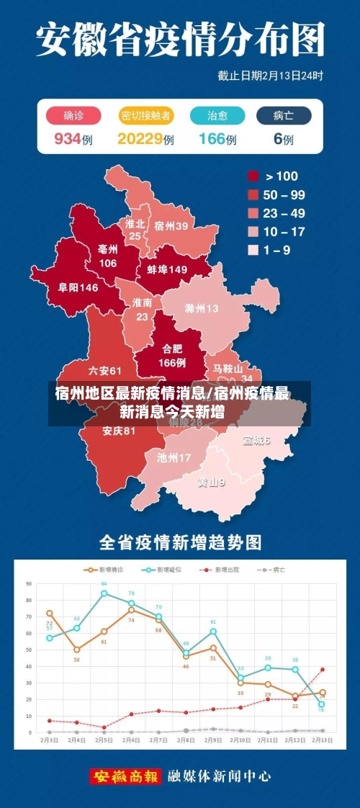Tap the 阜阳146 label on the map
pyautogui.click(x=78, y=287)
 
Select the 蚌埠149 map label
pyautogui.click(x=167, y=269)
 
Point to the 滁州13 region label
pyautogui.click(x=202, y=309)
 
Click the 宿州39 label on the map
pyautogui.click(x=171, y=225)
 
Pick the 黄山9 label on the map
pyautogui.click(x=212, y=482)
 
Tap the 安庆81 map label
pyautogui.click(x=119, y=431)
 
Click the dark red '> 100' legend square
pyautogui.click(x=253, y=176)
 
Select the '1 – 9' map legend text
pyautogui.click(x=278, y=251)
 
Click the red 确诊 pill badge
pyautogui.click(x=73, y=115)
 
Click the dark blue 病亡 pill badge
pyautogui.click(x=284, y=115)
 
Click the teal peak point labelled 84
pyautogui.click(x=104, y=593)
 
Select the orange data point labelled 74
pyautogui.click(x=131, y=610)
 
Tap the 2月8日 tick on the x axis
pyautogui.click(x=186, y=740)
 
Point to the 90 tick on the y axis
pyautogui.click(x=30, y=583)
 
